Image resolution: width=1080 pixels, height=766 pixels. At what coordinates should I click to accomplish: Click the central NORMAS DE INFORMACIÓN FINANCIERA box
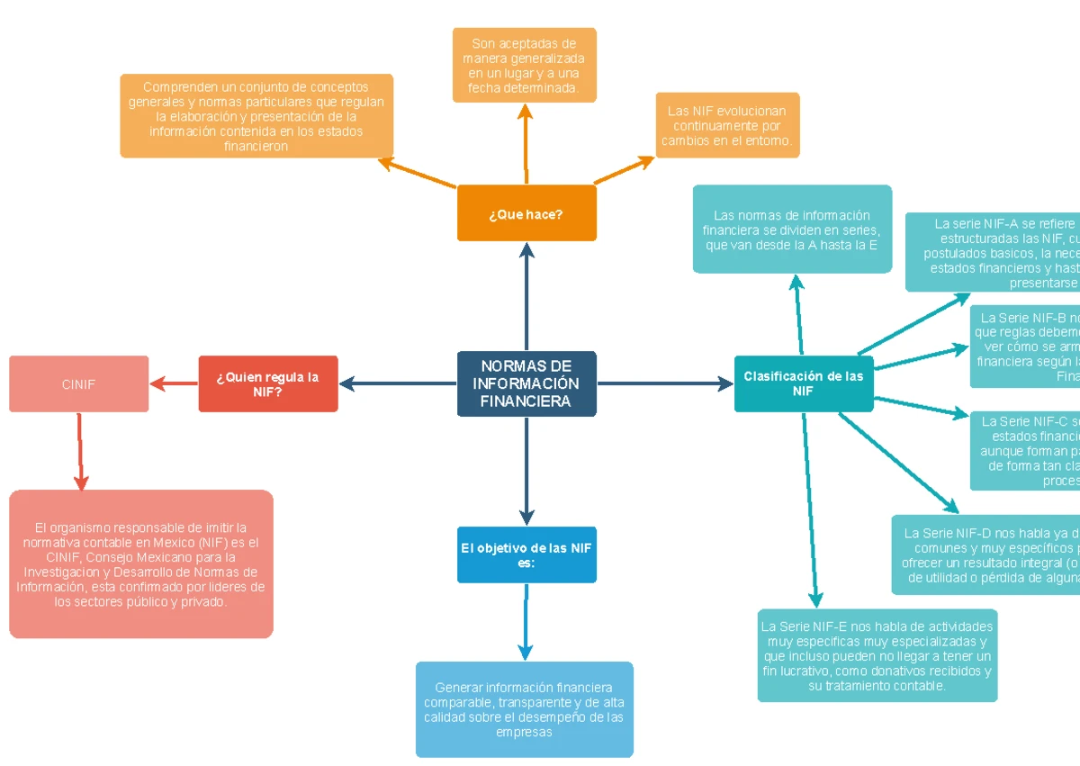526,384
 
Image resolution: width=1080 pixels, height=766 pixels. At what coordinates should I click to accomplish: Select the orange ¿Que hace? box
526,213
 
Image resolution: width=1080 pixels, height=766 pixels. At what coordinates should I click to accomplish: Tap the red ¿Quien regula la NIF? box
268,384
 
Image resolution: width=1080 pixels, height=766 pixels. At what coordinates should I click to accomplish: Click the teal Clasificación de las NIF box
803,384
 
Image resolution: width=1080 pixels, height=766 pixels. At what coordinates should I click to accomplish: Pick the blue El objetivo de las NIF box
526,555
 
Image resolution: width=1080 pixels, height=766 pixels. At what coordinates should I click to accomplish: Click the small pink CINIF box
79,384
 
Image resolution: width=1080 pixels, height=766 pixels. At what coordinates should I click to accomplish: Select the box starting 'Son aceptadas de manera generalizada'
524,66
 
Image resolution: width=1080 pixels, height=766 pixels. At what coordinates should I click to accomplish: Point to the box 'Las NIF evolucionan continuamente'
727,126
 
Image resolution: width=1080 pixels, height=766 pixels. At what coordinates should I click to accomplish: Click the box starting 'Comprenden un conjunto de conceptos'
256,116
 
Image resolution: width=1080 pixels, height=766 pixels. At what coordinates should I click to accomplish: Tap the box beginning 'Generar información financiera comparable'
524,709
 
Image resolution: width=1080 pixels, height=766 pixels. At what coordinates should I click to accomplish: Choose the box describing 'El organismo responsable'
141,564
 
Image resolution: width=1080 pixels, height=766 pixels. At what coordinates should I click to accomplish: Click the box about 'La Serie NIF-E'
877,656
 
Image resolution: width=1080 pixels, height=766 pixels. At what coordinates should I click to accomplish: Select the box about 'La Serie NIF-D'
985,555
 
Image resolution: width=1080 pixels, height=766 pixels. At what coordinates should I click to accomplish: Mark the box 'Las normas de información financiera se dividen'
792,230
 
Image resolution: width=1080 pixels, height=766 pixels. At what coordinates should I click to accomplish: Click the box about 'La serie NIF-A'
993,253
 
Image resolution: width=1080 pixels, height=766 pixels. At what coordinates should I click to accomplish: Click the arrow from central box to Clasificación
666,384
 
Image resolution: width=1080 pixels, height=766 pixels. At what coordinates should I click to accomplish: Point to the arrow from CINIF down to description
81,450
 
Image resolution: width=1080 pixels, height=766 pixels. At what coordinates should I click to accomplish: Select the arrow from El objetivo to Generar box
526,621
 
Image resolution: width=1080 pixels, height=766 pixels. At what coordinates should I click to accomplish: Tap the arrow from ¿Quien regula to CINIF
174,384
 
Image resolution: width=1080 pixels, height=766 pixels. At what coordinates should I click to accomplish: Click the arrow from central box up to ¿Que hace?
526,297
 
